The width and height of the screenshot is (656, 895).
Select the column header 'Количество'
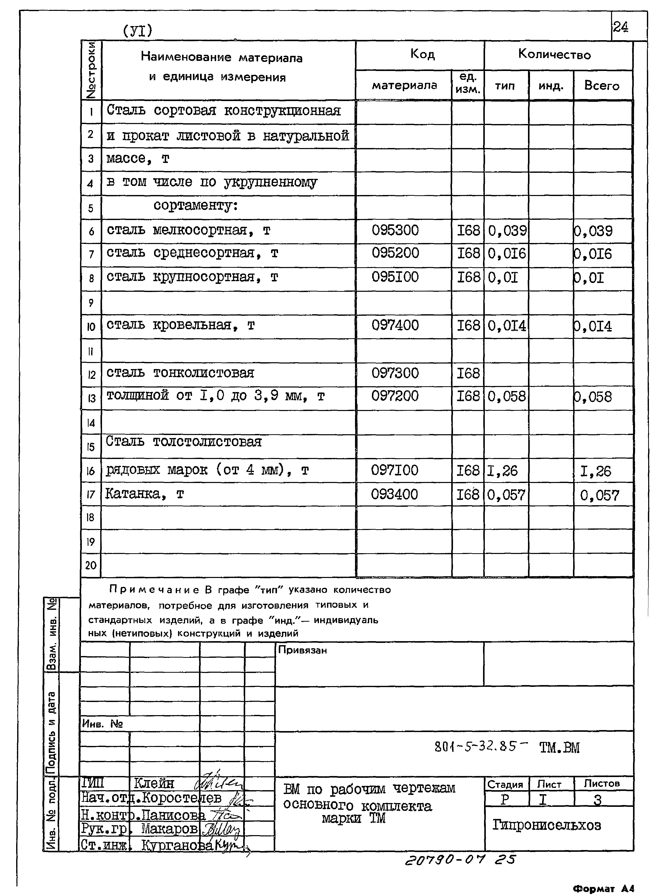[x=554, y=54]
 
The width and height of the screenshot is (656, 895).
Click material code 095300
[x=395, y=230]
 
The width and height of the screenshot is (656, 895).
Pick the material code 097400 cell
[x=395, y=325]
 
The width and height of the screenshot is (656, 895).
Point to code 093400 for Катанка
[x=394, y=494]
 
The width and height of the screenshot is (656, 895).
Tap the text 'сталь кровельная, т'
[x=181, y=325]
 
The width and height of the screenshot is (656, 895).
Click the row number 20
[x=91, y=565]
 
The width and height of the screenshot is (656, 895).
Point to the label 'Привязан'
[x=302, y=650]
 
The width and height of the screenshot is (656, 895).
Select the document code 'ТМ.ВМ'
[x=560, y=748]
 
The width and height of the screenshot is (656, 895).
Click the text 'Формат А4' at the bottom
[x=603, y=888]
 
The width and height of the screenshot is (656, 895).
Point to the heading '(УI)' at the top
[x=137, y=31]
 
